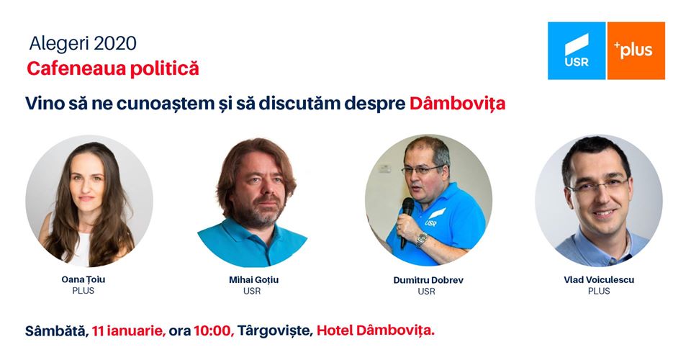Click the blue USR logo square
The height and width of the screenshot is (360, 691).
point(577,50)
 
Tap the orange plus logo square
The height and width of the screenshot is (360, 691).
point(636,50)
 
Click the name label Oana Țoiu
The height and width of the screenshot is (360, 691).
point(83,280)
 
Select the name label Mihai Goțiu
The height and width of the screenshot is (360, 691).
point(253,280)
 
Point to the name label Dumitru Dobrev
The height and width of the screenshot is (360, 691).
point(428,280)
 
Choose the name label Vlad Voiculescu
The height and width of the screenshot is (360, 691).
point(599,280)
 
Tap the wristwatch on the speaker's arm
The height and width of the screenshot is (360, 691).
point(422,239)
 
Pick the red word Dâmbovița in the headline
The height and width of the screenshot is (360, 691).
point(458,104)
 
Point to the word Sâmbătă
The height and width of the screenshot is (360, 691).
point(57,330)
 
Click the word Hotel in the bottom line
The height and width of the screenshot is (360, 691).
point(335,330)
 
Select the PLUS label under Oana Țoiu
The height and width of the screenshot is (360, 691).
point(83,291)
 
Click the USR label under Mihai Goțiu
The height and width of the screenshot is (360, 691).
point(252,292)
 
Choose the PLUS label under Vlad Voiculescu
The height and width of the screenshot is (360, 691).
point(599,292)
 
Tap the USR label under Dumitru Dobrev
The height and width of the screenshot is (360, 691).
point(427,292)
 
